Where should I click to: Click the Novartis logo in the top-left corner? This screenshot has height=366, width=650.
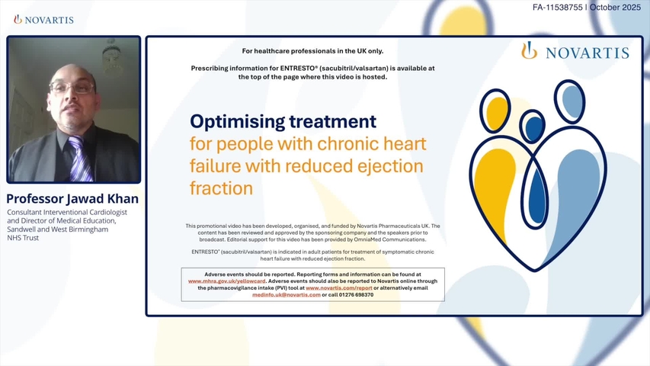click(x=43, y=19)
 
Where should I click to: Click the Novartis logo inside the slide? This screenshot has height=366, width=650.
click(x=575, y=52)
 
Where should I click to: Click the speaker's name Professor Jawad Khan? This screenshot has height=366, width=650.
click(x=72, y=199)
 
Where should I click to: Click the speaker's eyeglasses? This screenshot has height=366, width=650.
click(x=72, y=88)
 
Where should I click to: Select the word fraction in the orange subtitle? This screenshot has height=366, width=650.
click(x=220, y=187)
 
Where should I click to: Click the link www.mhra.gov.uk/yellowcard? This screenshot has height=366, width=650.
click(x=227, y=281)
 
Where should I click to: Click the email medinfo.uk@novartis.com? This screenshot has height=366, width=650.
click(x=286, y=294)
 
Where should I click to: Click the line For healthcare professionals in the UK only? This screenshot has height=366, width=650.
click(x=312, y=51)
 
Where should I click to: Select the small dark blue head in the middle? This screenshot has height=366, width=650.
click(x=533, y=127)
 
